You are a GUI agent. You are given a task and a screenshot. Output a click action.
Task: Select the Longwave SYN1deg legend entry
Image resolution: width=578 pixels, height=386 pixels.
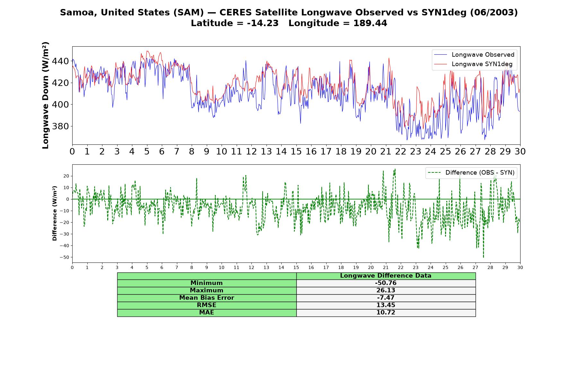[x=473, y=64]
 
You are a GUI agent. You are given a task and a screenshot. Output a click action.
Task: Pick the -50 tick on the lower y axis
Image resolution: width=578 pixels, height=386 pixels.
[x=64, y=257]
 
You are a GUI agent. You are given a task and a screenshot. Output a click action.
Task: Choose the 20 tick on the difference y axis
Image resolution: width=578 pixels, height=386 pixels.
[x=66, y=176]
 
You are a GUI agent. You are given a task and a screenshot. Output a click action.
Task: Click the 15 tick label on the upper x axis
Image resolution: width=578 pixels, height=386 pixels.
[x=296, y=151]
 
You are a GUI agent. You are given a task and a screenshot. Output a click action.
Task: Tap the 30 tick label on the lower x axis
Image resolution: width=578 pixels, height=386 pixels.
[x=520, y=267]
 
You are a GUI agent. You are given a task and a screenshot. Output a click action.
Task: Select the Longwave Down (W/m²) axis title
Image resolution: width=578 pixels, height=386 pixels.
[x=46, y=95]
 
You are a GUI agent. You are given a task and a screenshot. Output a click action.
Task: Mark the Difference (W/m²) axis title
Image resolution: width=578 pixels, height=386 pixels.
[x=55, y=213]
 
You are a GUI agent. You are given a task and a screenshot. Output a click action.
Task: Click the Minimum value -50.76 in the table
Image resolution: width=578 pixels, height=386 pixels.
[x=386, y=283]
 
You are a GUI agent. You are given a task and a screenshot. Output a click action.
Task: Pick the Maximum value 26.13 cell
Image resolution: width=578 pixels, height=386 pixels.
[x=386, y=290]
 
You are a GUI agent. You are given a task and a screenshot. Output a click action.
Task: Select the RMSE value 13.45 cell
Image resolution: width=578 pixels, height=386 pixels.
[x=386, y=305]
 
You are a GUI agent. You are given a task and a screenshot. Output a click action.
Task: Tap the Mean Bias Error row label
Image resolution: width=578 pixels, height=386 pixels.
[x=206, y=298]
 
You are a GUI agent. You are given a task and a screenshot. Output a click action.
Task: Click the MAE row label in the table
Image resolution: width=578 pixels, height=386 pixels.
[x=206, y=313]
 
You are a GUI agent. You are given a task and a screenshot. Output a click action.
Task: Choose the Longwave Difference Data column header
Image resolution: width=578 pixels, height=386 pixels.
[x=386, y=276]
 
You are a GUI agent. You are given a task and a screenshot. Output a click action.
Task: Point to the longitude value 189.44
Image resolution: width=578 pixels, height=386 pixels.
[x=370, y=23]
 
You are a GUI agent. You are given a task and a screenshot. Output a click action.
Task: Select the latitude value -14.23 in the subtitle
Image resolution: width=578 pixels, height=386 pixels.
[x=263, y=23]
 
